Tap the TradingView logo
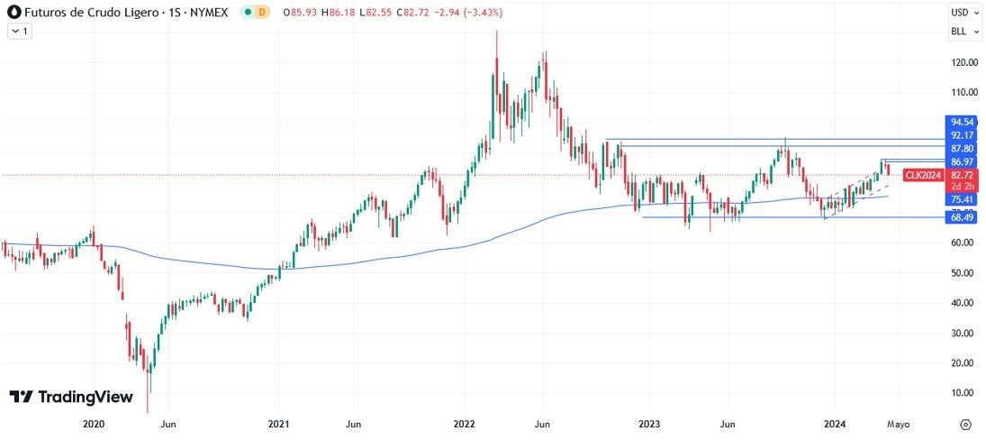pyautogui.click(x=71, y=397)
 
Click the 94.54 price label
pyautogui.click(x=963, y=121)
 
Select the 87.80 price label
pyautogui.click(x=963, y=148)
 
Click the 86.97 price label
pyautogui.click(x=963, y=161)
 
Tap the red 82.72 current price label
pyautogui.click(x=963, y=174)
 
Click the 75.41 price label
pyautogui.click(x=963, y=199)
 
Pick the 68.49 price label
pyautogui.click(x=963, y=217)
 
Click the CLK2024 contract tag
pyautogui.click(x=923, y=174)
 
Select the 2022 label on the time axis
pyautogui.click(x=465, y=424)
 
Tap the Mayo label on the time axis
pyautogui.click(x=898, y=424)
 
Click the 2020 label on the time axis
pyautogui.click(x=94, y=424)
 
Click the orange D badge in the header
pyautogui.click(x=262, y=13)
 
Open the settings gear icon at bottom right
pyautogui.click(x=965, y=424)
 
